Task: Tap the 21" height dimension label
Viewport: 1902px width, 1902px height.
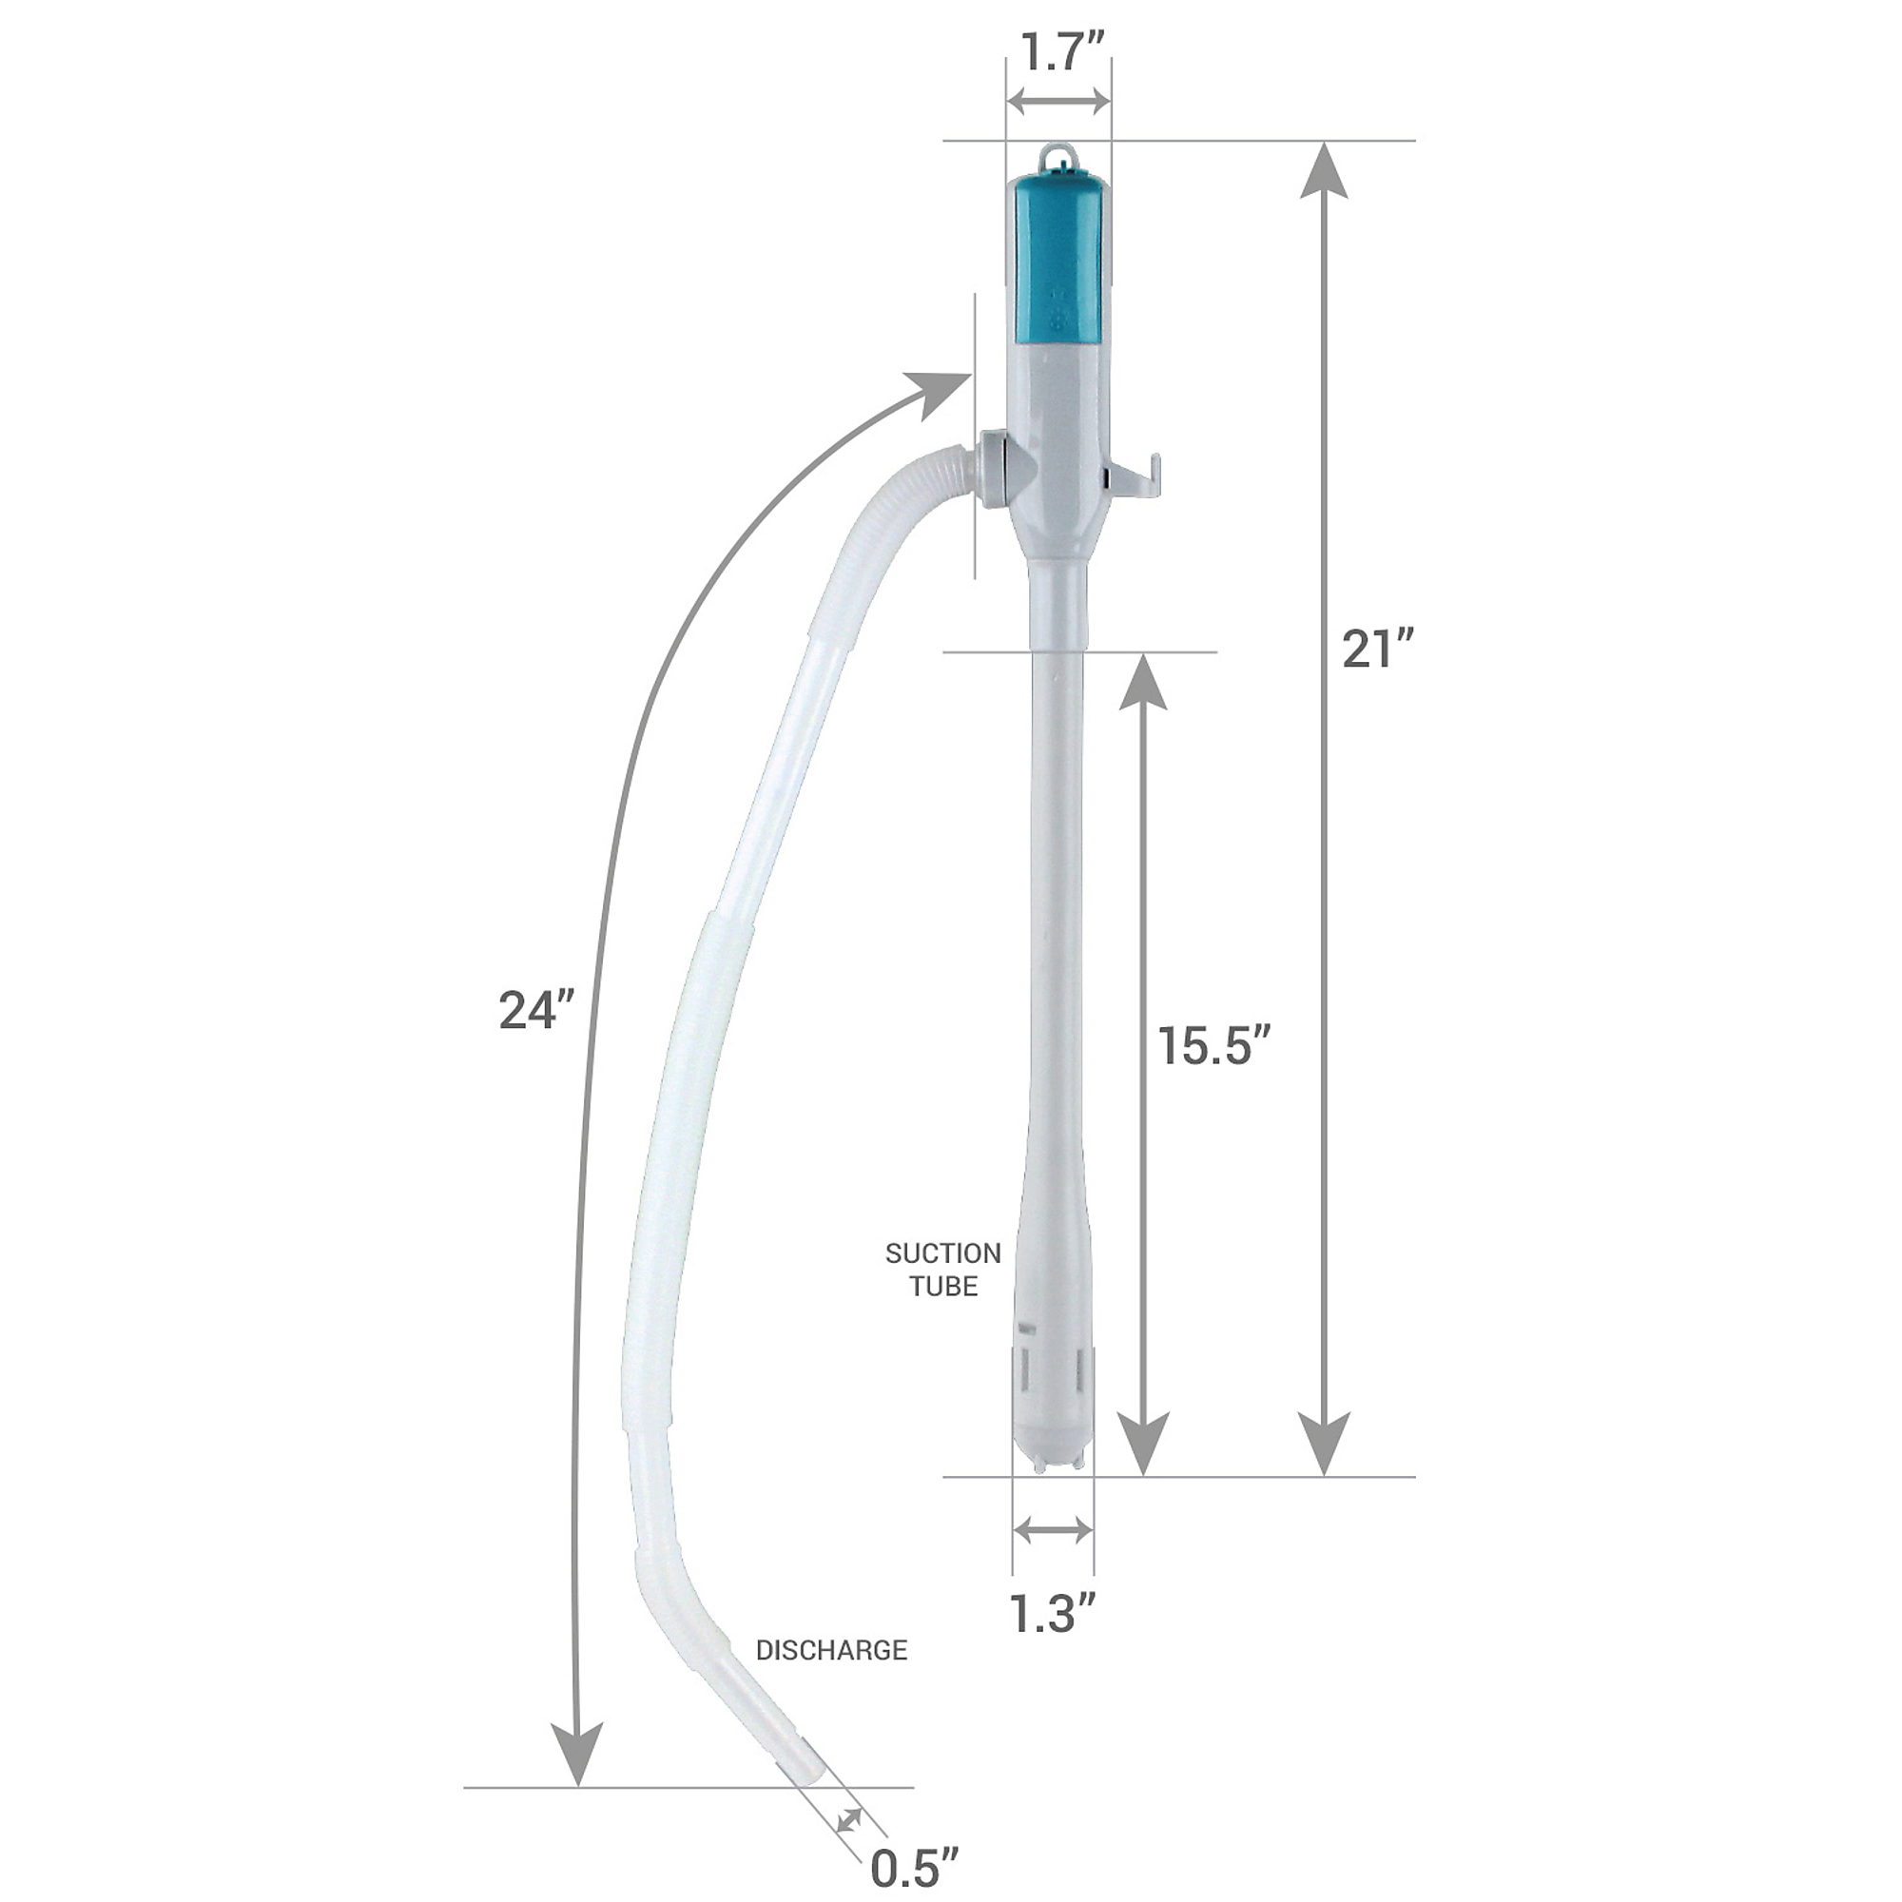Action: (x=1378, y=650)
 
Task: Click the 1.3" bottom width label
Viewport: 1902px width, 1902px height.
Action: (x=1053, y=1612)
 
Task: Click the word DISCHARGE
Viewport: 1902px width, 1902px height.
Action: (x=832, y=1650)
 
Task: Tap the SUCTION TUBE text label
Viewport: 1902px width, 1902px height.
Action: (x=943, y=1270)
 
